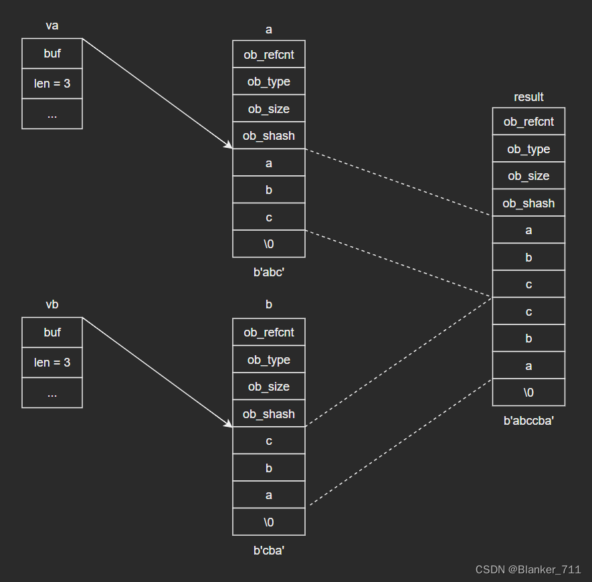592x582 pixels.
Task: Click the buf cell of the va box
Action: (x=52, y=54)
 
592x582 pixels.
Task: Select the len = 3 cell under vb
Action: (x=52, y=362)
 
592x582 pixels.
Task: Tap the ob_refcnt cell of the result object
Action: (x=528, y=121)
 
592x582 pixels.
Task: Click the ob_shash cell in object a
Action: (x=269, y=135)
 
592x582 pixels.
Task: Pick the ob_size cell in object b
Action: (x=269, y=386)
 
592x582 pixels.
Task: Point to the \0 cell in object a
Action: (x=269, y=244)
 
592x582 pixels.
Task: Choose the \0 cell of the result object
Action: (x=528, y=393)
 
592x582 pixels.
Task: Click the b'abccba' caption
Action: (x=528, y=421)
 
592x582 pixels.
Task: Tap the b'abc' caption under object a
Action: (x=269, y=272)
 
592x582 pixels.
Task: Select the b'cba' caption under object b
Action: (x=269, y=551)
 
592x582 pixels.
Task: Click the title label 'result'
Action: (x=528, y=97)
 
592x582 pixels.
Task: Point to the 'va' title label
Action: (x=52, y=25)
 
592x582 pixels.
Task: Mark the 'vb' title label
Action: (x=52, y=304)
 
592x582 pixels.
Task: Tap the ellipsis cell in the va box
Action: (x=52, y=114)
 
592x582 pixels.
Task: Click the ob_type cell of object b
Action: (x=269, y=359)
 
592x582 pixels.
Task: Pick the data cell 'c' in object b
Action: (x=269, y=440)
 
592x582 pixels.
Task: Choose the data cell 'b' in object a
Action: (x=269, y=189)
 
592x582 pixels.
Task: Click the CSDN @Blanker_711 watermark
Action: (x=528, y=569)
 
